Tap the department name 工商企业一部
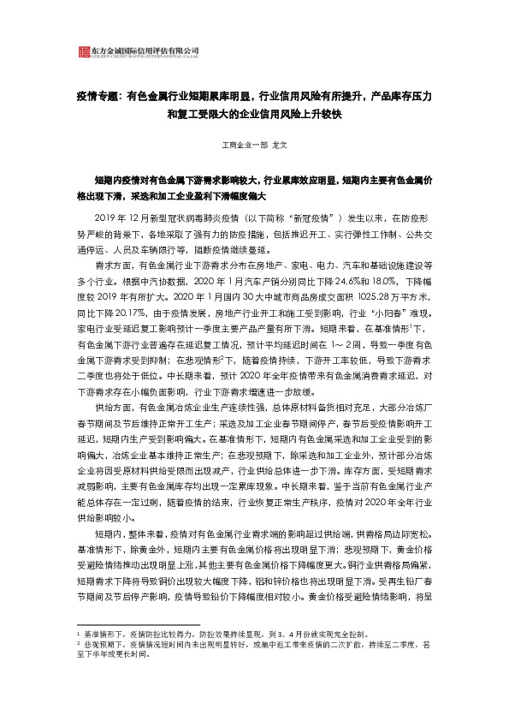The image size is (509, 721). click(x=245, y=146)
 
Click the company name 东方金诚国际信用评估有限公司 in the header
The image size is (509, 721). click(x=139, y=50)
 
